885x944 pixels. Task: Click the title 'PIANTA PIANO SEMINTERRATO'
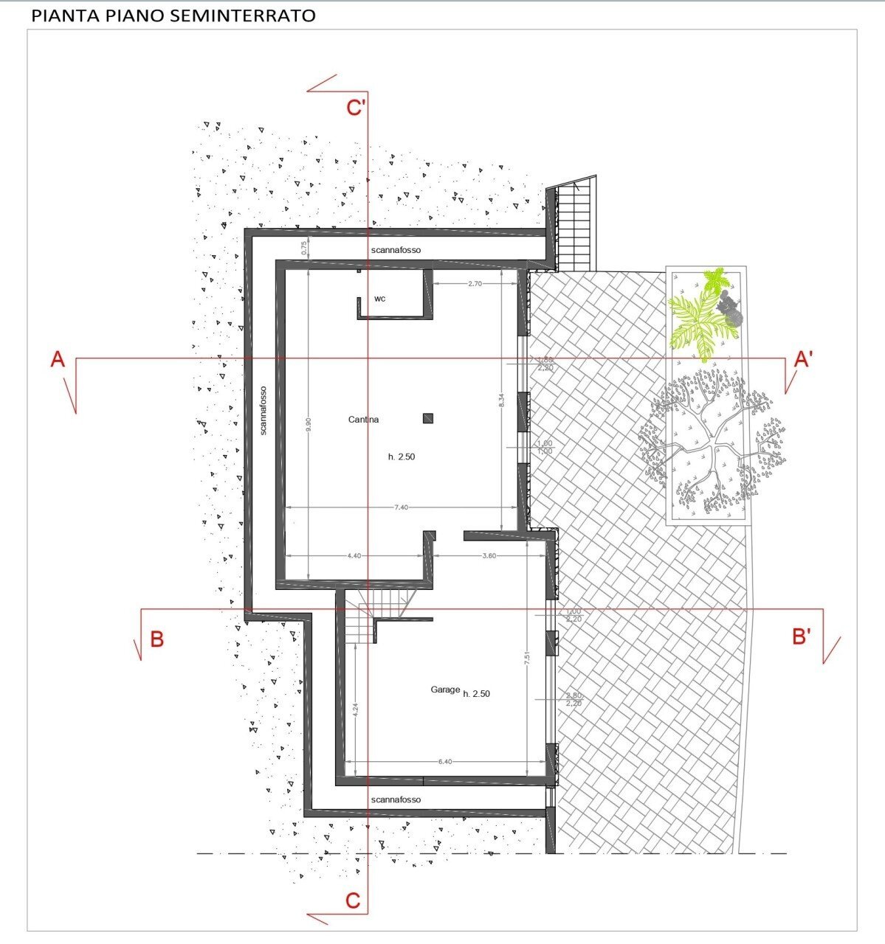pyautogui.click(x=173, y=15)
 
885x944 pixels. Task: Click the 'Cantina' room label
pyautogui.click(x=363, y=420)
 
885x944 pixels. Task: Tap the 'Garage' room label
pyautogui.click(x=445, y=690)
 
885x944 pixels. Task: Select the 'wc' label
pyautogui.click(x=379, y=299)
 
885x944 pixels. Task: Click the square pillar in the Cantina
pyautogui.click(x=427, y=418)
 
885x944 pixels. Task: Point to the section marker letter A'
pyautogui.click(x=804, y=359)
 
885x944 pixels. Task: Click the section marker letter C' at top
pyautogui.click(x=357, y=108)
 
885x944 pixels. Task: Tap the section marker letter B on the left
pyautogui.click(x=156, y=639)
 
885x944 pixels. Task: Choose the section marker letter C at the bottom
pyautogui.click(x=353, y=900)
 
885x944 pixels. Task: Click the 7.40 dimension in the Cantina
pyautogui.click(x=402, y=507)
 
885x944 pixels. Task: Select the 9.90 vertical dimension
pyautogui.click(x=309, y=426)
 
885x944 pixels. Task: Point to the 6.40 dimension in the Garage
pyautogui.click(x=444, y=762)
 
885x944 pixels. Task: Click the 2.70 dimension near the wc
pyautogui.click(x=475, y=283)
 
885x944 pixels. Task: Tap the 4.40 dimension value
pyautogui.click(x=354, y=555)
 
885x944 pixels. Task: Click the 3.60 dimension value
pyautogui.click(x=489, y=555)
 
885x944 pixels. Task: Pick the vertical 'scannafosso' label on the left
pyautogui.click(x=263, y=410)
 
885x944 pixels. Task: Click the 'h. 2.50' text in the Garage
pyautogui.click(x=476, y=694)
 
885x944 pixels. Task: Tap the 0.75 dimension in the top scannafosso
pyautogui.click(x=303, y=249)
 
